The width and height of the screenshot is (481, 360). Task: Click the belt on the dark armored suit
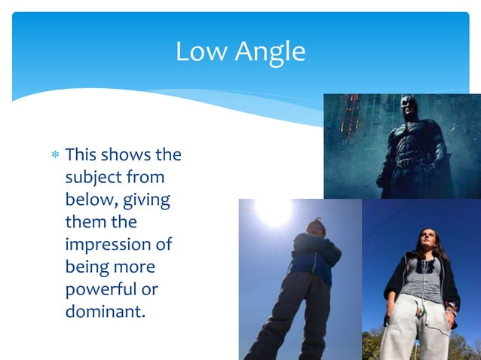408,161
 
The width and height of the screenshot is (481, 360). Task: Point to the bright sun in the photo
274,210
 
